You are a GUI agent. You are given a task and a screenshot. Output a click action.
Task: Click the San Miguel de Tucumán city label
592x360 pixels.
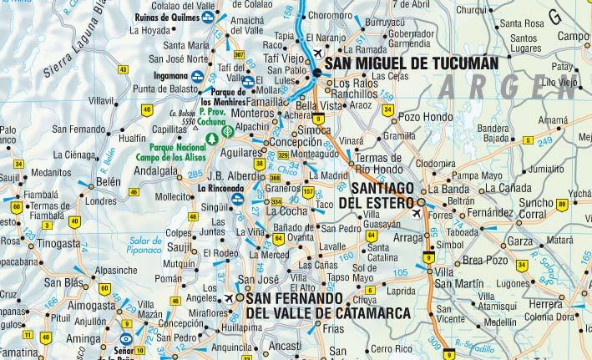(412, 63)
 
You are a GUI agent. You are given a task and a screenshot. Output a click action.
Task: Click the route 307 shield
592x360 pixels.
(240, 55)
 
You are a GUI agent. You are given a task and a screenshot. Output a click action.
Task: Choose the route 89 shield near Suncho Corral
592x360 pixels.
(562, 205)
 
